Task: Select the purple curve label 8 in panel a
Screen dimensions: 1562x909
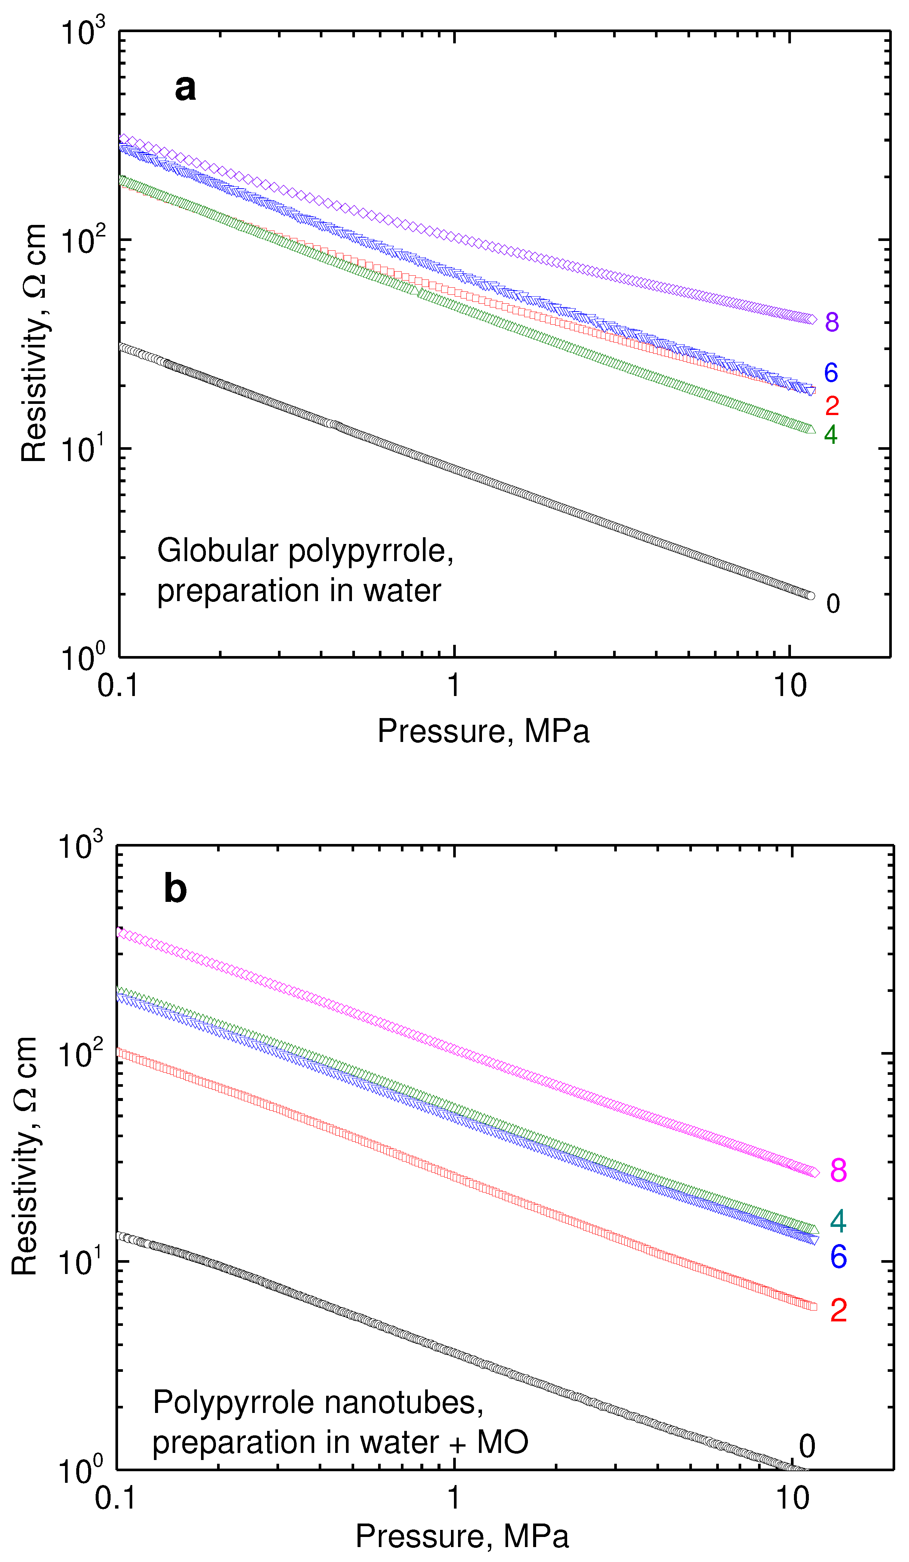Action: click(x=832, y=322)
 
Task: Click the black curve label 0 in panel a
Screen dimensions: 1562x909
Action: click(x=833, y=603)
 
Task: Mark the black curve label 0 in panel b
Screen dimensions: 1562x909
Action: click(x=807, y=1446)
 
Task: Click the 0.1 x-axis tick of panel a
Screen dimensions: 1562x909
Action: click(x=117, y=685)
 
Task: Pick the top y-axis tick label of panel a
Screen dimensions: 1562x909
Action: click(x=83, y=32)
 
